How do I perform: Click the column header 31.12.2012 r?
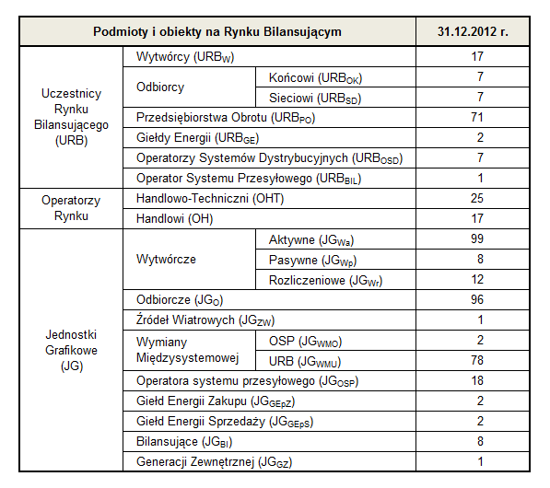(473, 31)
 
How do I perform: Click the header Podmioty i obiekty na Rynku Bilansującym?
(217, 32)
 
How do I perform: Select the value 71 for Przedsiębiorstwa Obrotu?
(477, 117)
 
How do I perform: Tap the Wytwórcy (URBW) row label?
(185, 57)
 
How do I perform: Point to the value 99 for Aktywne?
(477, 238)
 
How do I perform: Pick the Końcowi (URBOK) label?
(315, 78)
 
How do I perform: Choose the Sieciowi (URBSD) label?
(315, 99)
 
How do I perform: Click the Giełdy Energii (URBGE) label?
(197, 138)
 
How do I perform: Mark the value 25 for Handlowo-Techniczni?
(477, 199)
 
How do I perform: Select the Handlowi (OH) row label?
(175, 219)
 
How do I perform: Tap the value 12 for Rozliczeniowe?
(477, 279)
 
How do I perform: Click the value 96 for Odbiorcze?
(477, 300)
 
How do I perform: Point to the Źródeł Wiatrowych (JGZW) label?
(205, 320)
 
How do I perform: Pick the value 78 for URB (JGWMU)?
(477, 360)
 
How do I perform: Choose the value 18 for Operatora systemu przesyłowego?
(477, 380)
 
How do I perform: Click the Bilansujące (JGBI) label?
(184, 442)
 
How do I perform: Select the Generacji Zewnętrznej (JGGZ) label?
(214, 462)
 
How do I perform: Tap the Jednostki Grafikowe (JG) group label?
(71, 350)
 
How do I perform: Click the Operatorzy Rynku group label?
(71, 208)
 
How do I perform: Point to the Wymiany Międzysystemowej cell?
(188, 350)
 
